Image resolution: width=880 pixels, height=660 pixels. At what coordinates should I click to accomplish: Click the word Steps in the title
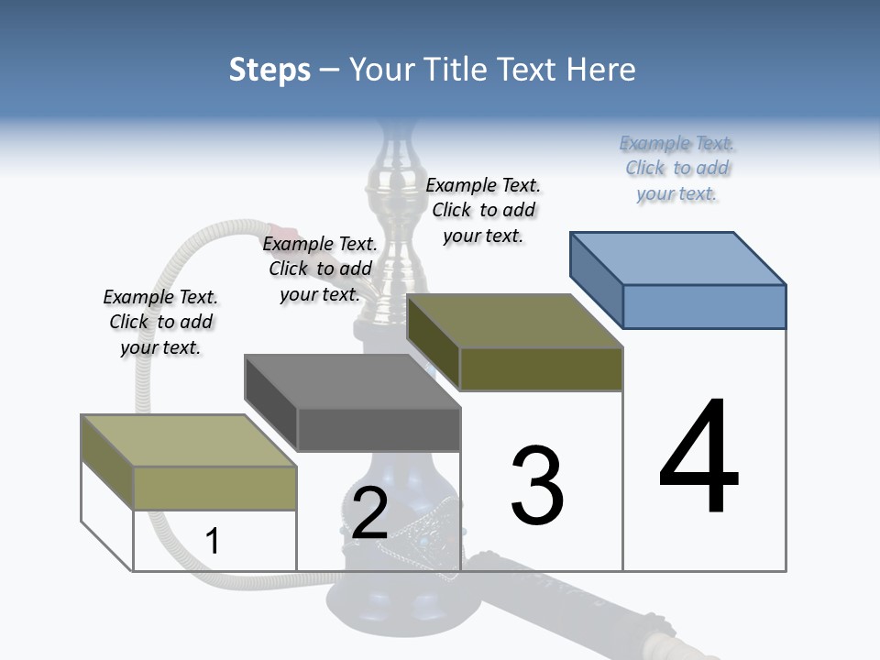pyautogui.click(x=269, y=70)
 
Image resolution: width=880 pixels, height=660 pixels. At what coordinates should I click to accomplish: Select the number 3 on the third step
pyautogui.click(x=537, y=485)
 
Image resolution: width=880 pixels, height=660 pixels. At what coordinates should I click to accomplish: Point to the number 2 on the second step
pyautogui.click(x=369, y=513)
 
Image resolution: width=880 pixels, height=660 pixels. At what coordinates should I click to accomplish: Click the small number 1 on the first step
pyautogui.click(x=212, y=541)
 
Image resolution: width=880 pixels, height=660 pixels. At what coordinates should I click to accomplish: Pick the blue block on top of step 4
pyautogui.click(x=704, y=305)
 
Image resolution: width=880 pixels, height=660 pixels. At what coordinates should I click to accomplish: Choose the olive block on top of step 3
pyautogui.click(x=541, y=368)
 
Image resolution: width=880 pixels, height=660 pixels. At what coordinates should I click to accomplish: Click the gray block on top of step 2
pyautogui.click(x=379, y=429)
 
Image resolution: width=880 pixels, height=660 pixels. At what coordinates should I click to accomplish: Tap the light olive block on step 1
pyautogui.click(x=214, y=488)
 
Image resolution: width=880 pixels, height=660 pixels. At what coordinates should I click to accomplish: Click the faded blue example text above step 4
pyautogui.click(x=677, y=168)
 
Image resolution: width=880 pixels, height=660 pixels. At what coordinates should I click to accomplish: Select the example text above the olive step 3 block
pyautogui.click(x=483, y=210)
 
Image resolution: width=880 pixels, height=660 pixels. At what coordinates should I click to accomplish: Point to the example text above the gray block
pyautogui.click(x=320, y=269)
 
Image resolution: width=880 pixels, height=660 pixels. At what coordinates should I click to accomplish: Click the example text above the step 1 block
pyautogui.click(x=160, y=322)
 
